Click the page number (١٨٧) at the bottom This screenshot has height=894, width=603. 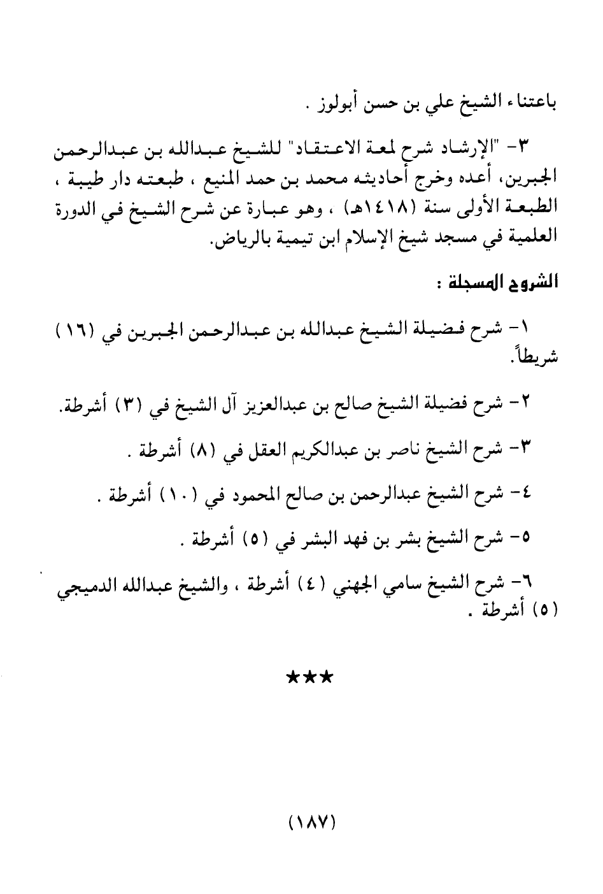tap(311, 823)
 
